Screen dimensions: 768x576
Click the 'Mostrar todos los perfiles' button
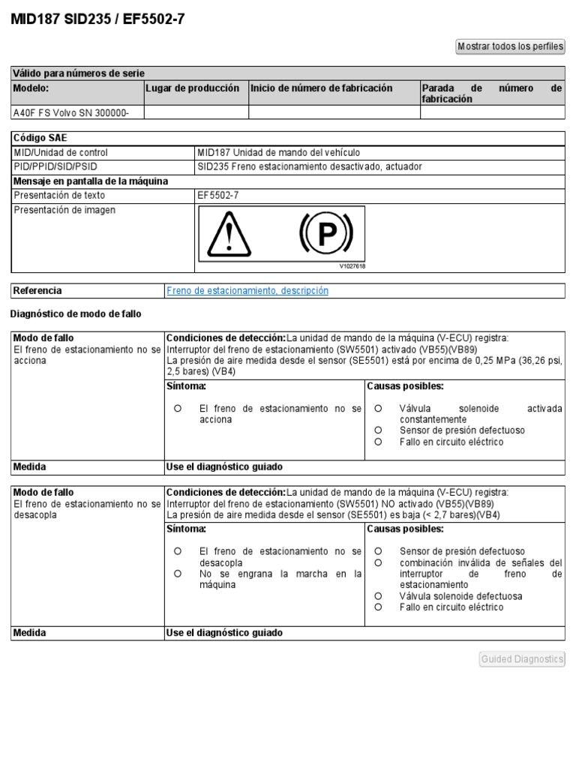[x=510, y=46]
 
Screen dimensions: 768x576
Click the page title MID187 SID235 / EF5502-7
[x=97, y=19]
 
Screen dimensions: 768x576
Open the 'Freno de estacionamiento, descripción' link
[x=247, y=290]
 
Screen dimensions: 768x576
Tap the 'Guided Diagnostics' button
[x=522, y=659]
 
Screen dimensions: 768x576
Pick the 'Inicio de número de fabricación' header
[x=322, y=88]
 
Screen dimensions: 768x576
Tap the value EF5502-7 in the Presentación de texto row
[x=218, y=195]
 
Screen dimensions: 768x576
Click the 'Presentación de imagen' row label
[x=65, y=210]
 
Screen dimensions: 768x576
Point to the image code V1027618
[x=352, y=265]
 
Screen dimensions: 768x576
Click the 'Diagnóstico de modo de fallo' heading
[x=76, y=313]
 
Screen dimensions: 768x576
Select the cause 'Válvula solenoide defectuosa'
[x=460, y=596]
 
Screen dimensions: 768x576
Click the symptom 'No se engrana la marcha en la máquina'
[x=280, y=579]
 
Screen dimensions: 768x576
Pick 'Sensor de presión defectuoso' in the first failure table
[x=462, y=430]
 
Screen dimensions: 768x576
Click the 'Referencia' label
[x=38, y=290]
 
